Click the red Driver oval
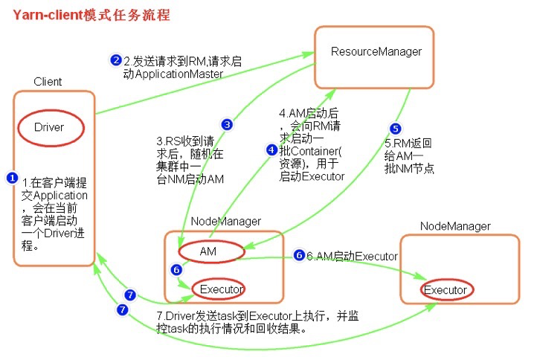[x=50, y=127]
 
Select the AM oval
[x=208, y=252]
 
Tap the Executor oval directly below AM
[x=218, y=288]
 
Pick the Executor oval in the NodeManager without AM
[x=446, y=289]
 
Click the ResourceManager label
[x=376, y=51]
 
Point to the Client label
[x=48, y=81]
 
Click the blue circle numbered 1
[x=12, y=178]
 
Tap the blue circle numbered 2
[x=116, y=60]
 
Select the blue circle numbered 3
[x=227, y=124]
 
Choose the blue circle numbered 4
[x=271, y=150]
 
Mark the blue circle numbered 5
[x=395, y=128]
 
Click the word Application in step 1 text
[x=62, y=196]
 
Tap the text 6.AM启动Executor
[x=353, y=256]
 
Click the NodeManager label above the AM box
[x=226, y=221]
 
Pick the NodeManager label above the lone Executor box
[x=455, y=225]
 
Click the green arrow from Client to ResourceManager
[x=201, y=83]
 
